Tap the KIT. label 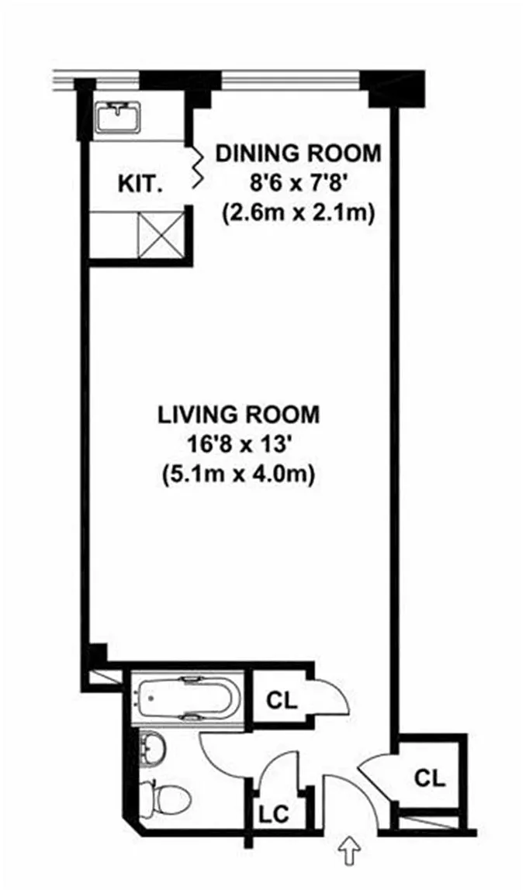[140, 184]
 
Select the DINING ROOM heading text [298, 153]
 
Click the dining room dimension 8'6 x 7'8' [298, 184]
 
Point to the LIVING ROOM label [239, 415]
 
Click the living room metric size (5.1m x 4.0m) [239, 475]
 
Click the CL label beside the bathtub [282, 701]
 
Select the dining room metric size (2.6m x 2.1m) [298, 214]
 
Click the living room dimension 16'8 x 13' [239, 445]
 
